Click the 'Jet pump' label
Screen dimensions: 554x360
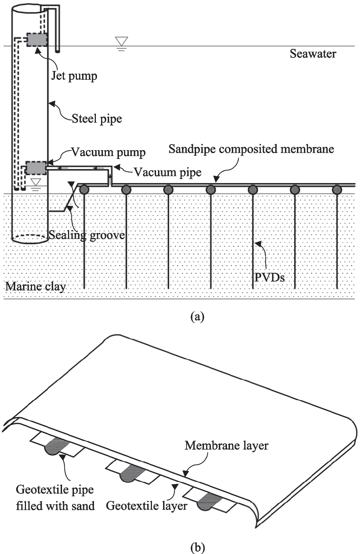click(x=74, y=76)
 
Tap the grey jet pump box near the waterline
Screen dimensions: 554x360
click(x=37, y=40)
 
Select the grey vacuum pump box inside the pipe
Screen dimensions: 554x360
click(x=36, y=168)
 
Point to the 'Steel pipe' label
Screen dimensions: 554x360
click(x=97, y=119)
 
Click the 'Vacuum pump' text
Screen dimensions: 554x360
click(x=108, y=152)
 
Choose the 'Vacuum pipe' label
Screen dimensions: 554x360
click(x=168, y=172)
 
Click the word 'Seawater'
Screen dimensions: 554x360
click(x=313, y=54)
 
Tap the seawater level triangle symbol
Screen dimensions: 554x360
click(x=121, y=42)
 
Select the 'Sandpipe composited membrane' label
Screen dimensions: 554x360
click(x=251, y=149)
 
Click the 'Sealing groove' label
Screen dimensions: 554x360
click(x=87, y=235)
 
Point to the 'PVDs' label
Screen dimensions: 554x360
click(x=269, y=278)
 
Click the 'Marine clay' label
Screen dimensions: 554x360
click(x=36, y=286)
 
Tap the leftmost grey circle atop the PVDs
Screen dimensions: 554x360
click(x=84, y=190)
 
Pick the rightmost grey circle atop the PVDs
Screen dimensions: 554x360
click(x=337, y=190)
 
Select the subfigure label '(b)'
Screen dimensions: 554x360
click(x=197, y=547)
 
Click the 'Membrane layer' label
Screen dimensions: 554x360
click(x=226, y=446)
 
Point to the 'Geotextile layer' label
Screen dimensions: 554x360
click(x=146, y=506)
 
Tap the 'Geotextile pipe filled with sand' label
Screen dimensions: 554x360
click(x=55, y=498)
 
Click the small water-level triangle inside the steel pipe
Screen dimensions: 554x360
click(x=36, y=182)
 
